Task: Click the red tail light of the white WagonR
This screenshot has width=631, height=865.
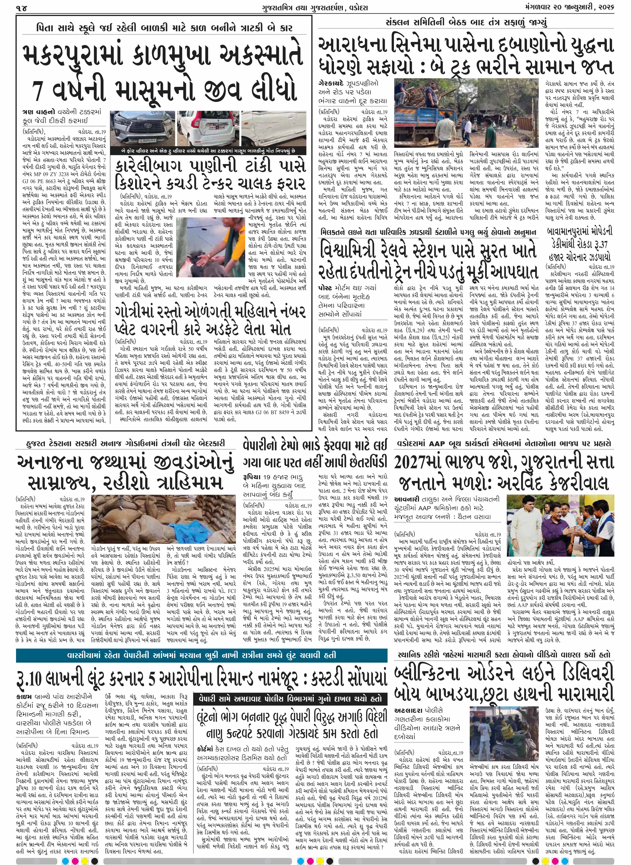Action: tap(189, 121)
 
